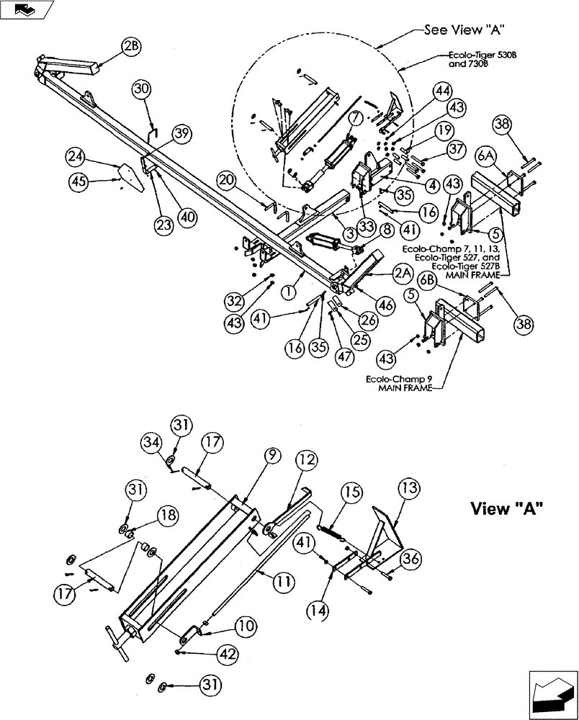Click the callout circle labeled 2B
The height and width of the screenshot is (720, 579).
click(x=130, y=47)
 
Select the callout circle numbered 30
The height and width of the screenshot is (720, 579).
click(x=142, y=89)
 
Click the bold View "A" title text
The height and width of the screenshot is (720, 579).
click(x=506, y=508)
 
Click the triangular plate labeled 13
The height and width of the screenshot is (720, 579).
click(x=385, y=531)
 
